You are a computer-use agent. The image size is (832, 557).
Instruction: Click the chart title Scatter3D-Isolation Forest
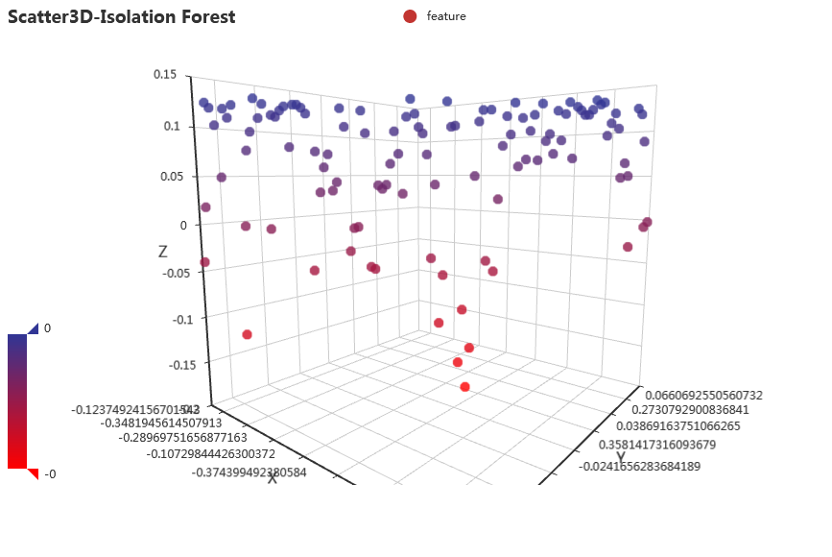coord(122,17)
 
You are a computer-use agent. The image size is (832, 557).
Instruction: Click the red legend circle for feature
coord(410,16)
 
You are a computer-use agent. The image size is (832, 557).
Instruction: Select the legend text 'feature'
coord(446,16)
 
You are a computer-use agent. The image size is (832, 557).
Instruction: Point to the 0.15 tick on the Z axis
coord(165,74)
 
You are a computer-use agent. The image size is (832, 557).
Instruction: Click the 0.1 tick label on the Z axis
coord(173,126)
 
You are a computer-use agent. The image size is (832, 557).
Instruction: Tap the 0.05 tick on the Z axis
coord(169,176)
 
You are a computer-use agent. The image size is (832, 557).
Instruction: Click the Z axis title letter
coord(163,252)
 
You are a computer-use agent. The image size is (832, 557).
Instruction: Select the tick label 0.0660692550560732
coord(704,395)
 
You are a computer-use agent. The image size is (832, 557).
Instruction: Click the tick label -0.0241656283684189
coord(641,467)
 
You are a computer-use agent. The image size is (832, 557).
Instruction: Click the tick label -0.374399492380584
coord(250,472)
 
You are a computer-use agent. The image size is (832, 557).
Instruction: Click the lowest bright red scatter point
coord(465,387)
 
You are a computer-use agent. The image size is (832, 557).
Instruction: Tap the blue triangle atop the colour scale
coord(33,328)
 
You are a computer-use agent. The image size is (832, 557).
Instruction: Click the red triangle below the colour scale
coord(33,473)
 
